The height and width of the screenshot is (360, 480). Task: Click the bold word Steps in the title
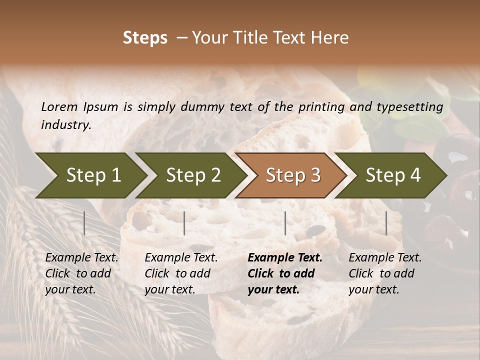(145, 38)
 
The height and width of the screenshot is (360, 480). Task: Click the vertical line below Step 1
(84, 223)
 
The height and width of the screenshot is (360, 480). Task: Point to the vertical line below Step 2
(184, 223)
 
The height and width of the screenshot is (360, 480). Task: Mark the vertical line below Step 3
(285, 223)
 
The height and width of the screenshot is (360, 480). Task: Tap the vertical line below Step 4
(386, 223)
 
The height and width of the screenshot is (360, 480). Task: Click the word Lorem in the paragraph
(59, 106)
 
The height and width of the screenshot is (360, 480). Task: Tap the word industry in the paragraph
(66, 124)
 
